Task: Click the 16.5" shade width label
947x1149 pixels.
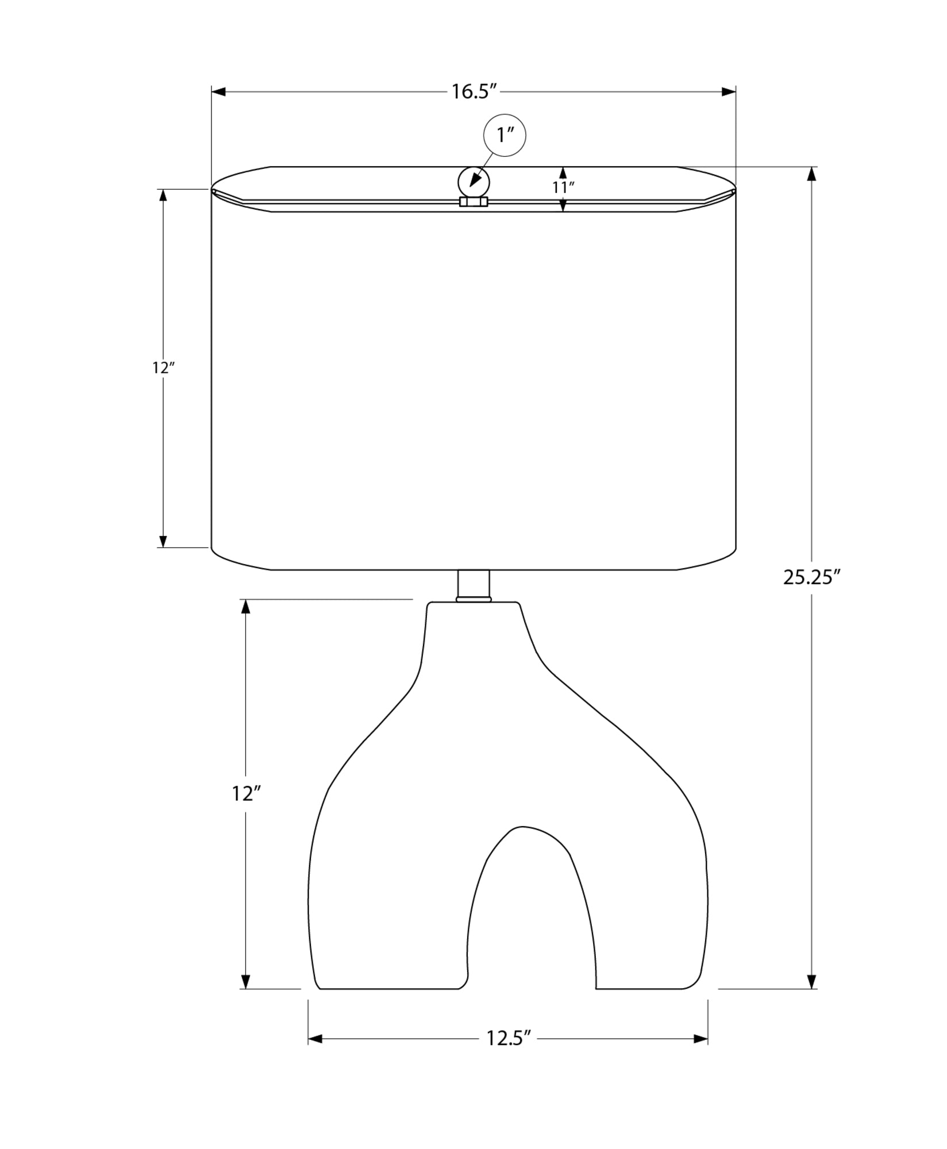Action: [473, 91]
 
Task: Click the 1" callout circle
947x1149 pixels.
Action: [505, 135]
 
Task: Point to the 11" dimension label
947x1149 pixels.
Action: [564, 187]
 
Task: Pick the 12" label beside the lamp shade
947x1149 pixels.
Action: [163, 368]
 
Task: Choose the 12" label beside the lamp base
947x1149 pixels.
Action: [246, 793]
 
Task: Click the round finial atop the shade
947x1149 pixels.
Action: [473, 183]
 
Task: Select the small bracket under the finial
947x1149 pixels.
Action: [473, 202]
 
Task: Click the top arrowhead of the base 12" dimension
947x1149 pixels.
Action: [246, 607]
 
